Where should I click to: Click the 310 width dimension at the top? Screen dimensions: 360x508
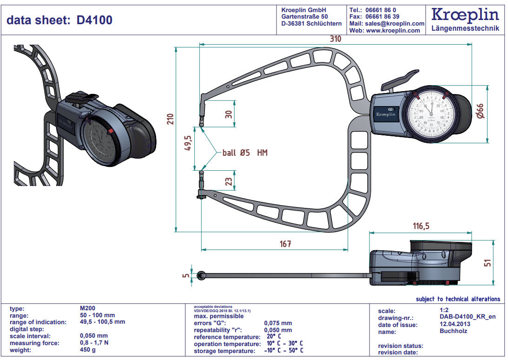[x=336, y=39]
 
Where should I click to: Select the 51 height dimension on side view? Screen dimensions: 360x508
[x=487, y=263]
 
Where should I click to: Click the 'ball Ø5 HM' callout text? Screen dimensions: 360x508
[x=244, y=153]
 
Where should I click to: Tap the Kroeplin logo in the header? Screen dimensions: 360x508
[x=465, y=15]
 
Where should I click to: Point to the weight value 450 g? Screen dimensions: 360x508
[x=88, y=350]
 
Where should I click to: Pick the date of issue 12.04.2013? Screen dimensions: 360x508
[x=455, y=324]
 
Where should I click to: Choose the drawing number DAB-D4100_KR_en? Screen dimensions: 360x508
[x=468, y=317]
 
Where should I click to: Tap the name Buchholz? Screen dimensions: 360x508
[x=453, y=331]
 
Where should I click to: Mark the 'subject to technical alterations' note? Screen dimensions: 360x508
[x=458, y=299]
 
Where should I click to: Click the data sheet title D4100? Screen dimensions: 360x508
[x=59, y=20]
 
